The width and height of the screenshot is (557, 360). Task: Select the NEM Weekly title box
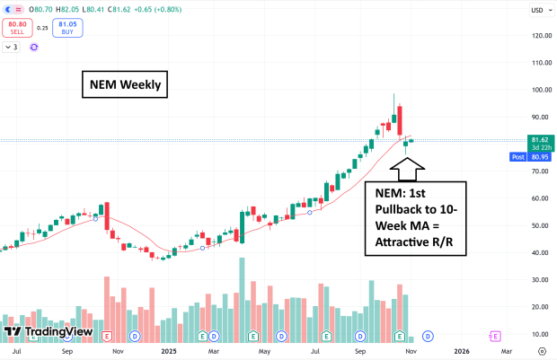click(x=124, y=85)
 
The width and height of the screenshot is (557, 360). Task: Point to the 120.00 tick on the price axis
click(x=541, y=36)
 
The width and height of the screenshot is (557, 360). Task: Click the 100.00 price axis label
click(x=541, y=90)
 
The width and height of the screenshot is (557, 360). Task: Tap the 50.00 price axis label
click(x=541, y=225)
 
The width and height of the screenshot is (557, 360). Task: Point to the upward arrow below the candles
click(x=407, y=166)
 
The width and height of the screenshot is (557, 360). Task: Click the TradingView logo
click(x=38, y=332)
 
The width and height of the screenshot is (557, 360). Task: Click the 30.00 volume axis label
click(x=541, y=279)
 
